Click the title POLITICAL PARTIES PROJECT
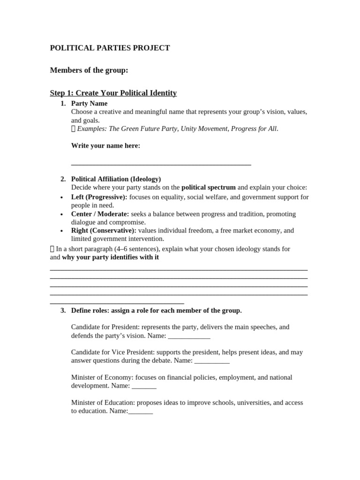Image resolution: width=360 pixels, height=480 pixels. pyautogui.click(x=110, y=48)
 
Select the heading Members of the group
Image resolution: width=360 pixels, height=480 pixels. pyautogui.click(x=89, y=70)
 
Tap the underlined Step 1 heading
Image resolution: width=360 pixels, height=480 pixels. pyautogui.click(x=113, y=93)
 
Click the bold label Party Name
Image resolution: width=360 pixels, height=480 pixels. pyautogui.click(x=89, y=103)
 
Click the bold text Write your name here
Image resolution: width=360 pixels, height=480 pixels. pyautogui.click(x=105, y=146)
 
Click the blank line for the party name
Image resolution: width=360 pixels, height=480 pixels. pyautogui.click(x=161, y=164)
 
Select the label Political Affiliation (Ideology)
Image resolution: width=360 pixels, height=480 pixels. pyautogui.click(x=116, y=179)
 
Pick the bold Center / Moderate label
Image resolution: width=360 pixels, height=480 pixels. pyautogui.click(x=100, y=214)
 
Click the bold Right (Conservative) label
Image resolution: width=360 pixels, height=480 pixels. pyautogui.click(x=104, y=231)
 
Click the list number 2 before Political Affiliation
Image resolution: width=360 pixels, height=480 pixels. pyautogui.click(x=63, y=179)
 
